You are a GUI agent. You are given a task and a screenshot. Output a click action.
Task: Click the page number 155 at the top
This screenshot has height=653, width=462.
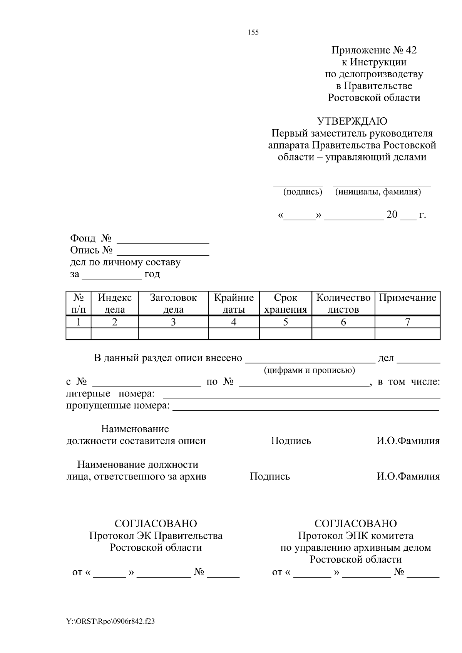coord(253,33)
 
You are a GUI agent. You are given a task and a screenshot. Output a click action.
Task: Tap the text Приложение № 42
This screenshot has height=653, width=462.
coord(374,50)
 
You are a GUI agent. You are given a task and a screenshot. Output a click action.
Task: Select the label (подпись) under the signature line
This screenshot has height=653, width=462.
coord(303,192)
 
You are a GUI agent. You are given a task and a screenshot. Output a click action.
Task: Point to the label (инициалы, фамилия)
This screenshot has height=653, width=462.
coord(378,192)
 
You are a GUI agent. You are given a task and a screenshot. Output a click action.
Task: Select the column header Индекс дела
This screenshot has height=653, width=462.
coord(115,303)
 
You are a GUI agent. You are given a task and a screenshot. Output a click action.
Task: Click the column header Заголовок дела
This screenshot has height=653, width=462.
coord(173,303)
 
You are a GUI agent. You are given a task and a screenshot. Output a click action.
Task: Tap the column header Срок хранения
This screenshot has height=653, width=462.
coord(285,303)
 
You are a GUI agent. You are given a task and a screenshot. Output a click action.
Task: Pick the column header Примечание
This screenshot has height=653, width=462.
coord(407,298)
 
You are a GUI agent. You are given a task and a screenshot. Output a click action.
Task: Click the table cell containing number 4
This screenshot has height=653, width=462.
coord(234,322)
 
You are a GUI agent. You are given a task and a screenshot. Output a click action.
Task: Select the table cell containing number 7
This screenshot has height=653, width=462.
coord(407,322)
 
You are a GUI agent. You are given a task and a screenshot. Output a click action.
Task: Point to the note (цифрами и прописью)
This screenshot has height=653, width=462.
coord(309,370)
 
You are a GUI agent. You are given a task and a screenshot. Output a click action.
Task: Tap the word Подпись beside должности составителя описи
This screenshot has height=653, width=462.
coord(291,441)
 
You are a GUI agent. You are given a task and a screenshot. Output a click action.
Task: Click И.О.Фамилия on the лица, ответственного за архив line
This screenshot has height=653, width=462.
coord(408,476)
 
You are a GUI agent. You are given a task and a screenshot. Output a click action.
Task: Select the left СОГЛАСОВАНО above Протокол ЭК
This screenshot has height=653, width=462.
coord(156,524)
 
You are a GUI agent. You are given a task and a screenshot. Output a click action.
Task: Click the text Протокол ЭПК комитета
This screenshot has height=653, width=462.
coord(355,536)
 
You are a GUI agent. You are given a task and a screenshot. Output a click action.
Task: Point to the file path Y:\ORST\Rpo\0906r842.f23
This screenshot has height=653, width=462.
coord(110,622)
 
